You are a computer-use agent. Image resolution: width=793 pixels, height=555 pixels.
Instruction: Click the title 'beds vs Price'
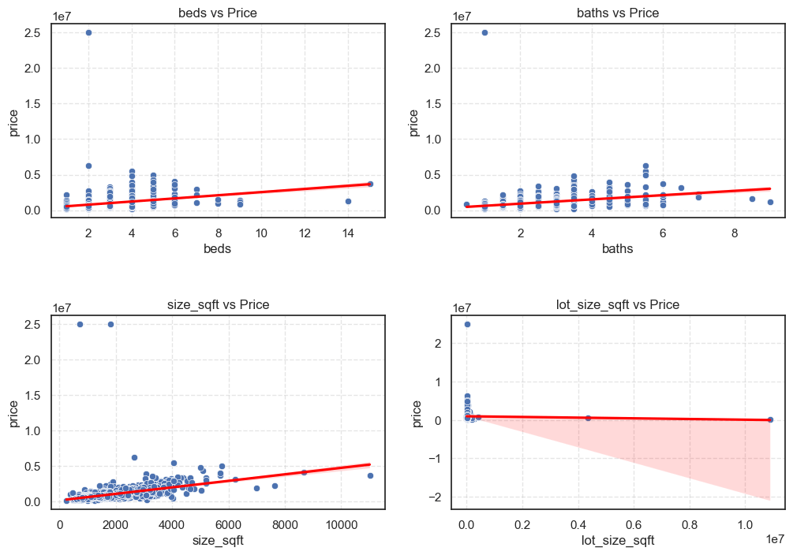coord(218,13)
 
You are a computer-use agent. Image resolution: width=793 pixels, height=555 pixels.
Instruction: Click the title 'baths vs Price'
coord(618,13)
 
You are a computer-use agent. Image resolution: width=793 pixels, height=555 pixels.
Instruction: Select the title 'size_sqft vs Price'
coord(218,304)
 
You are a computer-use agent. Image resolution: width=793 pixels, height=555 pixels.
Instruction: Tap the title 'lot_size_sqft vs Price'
coord(618,304)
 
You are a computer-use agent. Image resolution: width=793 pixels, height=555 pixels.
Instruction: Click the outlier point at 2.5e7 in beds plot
coord(88,32)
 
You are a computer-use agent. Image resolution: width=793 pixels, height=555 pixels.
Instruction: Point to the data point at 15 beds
coord(370,184)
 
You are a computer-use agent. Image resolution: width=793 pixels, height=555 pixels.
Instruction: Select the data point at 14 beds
coord(348,201)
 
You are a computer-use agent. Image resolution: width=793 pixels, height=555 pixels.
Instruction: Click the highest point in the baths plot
coord(484,32)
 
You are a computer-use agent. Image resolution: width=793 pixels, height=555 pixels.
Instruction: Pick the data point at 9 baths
coord(770,202)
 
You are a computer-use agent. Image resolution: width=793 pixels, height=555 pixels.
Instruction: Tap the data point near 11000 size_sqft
coord(370,475)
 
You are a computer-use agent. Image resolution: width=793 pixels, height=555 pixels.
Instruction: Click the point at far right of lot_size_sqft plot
coord(770,419)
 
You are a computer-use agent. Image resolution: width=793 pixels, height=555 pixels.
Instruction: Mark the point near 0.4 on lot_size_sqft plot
coord(588,418)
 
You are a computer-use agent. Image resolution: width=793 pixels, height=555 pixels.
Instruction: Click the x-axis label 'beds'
coord(218,249)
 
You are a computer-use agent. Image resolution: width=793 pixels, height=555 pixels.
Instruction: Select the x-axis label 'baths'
coord(618,249)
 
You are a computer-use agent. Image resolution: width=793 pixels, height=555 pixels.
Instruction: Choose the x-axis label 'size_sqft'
coord(218,541)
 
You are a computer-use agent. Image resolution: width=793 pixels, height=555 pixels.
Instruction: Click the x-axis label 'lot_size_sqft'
coord(618,541)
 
